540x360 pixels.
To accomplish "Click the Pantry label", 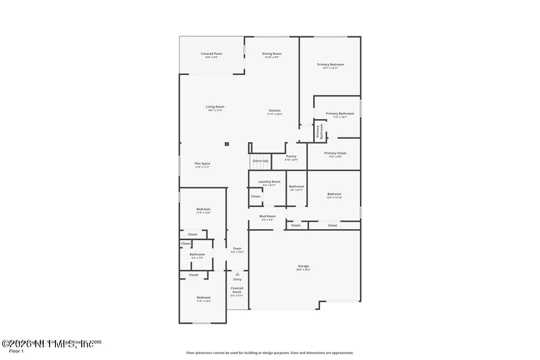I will tap(291, 157).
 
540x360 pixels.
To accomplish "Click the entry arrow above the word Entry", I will tap(237, 274).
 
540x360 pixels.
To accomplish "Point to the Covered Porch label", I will tap(237, 290).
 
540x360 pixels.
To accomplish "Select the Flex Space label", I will tap(202, 164).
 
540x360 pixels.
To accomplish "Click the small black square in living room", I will tap(227, 143).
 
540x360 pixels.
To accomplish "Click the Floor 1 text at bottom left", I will tap(16, 351).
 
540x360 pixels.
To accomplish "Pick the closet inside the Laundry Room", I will tap(255, 197).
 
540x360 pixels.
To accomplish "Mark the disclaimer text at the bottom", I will tap(269, 353).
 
